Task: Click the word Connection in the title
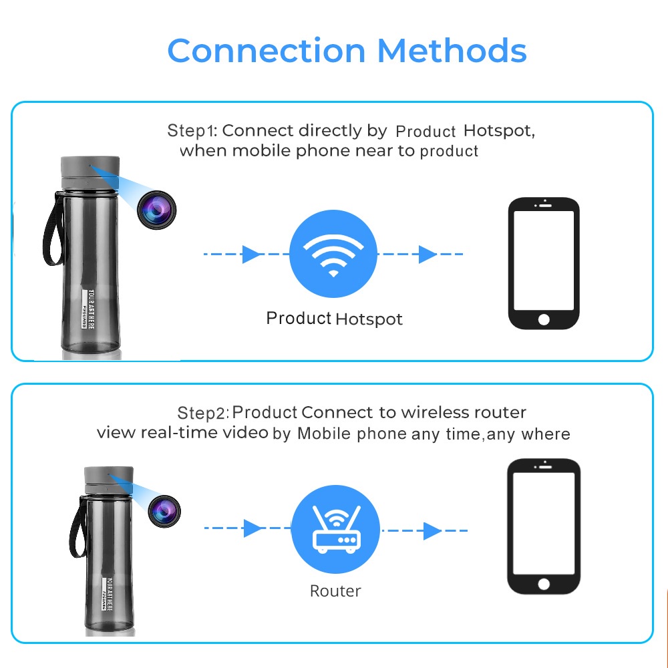point(266,51)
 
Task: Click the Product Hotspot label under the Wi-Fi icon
point(334,319)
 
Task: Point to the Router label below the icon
point(335,591)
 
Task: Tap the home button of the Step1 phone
point(544,320)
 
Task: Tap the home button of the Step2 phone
point(544,584)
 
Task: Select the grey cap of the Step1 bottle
point(90,168)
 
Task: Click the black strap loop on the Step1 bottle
point(51,227)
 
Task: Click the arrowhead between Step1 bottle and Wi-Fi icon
point(251,255)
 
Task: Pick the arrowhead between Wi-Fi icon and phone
point(428,255)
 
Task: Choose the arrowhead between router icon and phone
point(432,531)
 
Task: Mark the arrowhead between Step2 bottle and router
point(253,528)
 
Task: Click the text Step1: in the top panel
point(192,130)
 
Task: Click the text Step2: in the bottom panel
point(203,413)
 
